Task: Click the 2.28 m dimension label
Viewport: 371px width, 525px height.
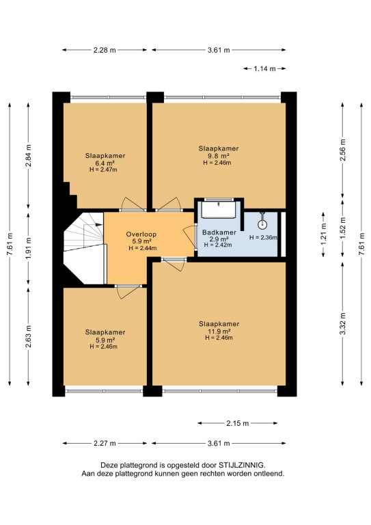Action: coord(105,50)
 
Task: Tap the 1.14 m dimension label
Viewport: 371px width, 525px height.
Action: coord(264,69)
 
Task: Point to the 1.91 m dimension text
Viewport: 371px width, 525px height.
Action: coord(29,247)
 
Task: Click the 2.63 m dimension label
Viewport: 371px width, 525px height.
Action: coord(29,336)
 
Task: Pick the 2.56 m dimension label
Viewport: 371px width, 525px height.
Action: coord(343,150)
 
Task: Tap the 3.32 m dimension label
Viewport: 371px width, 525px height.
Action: coord(343,323)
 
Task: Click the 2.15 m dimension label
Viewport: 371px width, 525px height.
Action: coord(238,423)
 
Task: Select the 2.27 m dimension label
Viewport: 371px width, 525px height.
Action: coord(105,443)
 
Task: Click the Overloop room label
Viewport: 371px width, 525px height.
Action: coord(141,234)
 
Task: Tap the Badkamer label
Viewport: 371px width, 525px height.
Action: coord(219,232)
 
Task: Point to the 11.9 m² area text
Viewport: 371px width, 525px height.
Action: coord(219,332)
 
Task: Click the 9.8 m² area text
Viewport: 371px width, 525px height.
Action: coord(218,156)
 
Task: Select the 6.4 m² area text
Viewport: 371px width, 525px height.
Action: coord(105,163)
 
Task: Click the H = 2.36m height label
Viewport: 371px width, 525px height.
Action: coord(263,238)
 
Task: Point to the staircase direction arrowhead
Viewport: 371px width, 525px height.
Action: coord(99,225)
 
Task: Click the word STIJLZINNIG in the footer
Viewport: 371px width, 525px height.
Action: coord(242,465)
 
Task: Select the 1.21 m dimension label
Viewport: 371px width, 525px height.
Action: coord(324,234)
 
